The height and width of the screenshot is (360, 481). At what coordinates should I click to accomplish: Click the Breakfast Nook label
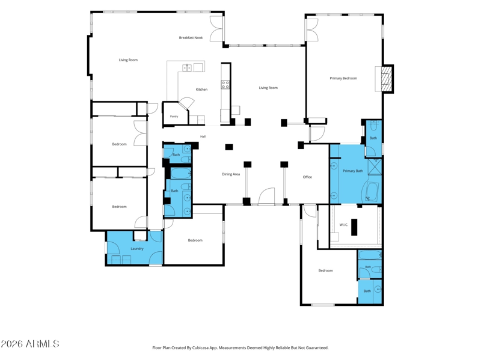[x=191, y=38]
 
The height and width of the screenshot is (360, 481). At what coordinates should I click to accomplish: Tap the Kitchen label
[x=201, y=89]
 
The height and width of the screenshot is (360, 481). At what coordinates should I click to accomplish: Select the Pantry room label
[x=174, y=117]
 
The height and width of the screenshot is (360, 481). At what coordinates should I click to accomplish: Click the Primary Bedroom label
[x=343, y=78]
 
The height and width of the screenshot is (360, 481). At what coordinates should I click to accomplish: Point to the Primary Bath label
[x=353, y=171]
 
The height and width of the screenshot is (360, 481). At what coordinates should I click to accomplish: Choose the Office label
[x=307, y=177]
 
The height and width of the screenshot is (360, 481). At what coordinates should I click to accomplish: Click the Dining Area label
[x=231, y=174]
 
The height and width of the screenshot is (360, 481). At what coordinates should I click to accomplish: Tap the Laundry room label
[x=137, y=249]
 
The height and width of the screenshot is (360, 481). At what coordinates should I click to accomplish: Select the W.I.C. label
[x=343, y=225]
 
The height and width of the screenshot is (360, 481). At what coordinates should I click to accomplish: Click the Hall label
[x=203, y=136]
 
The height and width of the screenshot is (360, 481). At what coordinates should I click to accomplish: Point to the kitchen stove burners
[x=225, y=85]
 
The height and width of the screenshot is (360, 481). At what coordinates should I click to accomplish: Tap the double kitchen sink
[x=187, y=68]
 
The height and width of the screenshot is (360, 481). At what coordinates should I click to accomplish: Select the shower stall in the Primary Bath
[x=374, y=166]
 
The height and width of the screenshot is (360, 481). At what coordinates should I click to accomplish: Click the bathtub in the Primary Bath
[x=372, y=192]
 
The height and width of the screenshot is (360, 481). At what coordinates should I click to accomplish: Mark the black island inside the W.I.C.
[x=354, y=227]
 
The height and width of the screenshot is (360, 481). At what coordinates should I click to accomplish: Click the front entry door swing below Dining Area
[x=266, y=197]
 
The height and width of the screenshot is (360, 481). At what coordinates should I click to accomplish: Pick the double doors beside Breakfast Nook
[x=216, y=28]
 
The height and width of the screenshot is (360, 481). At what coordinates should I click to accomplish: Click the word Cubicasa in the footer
[x=200, y=348]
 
